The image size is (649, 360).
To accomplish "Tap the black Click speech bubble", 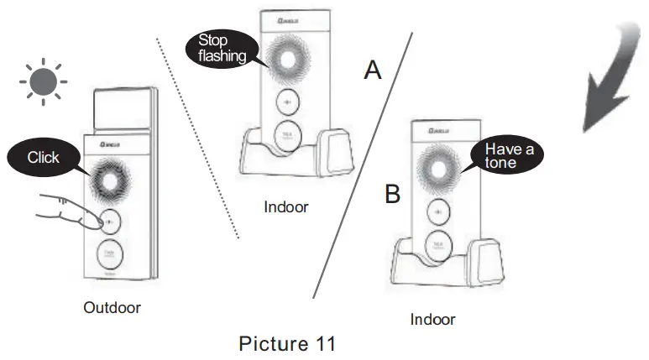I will tap(44, 157).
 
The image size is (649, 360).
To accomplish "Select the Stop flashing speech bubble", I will tap(222, 48).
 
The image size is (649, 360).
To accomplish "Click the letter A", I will tap(373, 70).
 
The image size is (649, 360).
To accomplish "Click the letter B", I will tap(392, 196).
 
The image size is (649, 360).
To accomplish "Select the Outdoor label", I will tap(112, 308).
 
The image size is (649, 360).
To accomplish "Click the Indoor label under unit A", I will tap(285, 207).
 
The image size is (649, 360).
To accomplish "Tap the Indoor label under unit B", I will tap(432, 320).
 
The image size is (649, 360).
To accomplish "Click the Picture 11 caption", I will tap(287, 343).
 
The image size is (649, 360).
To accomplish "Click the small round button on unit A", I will tap(287, 102).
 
